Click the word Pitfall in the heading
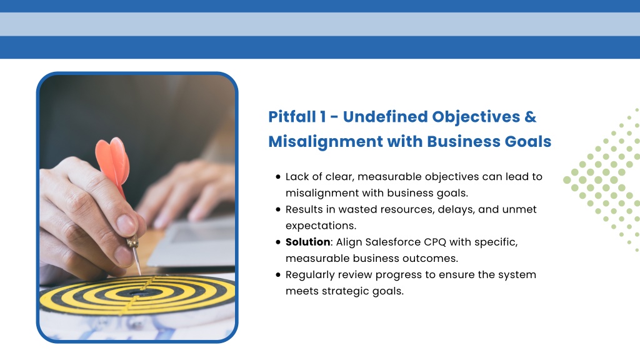(292, 117)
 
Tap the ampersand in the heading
(530, 117)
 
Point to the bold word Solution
(307, 242)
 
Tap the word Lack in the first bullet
(297, 176)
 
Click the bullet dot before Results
(278, 209)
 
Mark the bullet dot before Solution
(278, 242)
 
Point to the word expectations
(321, 226)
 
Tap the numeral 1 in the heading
(323, 117)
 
